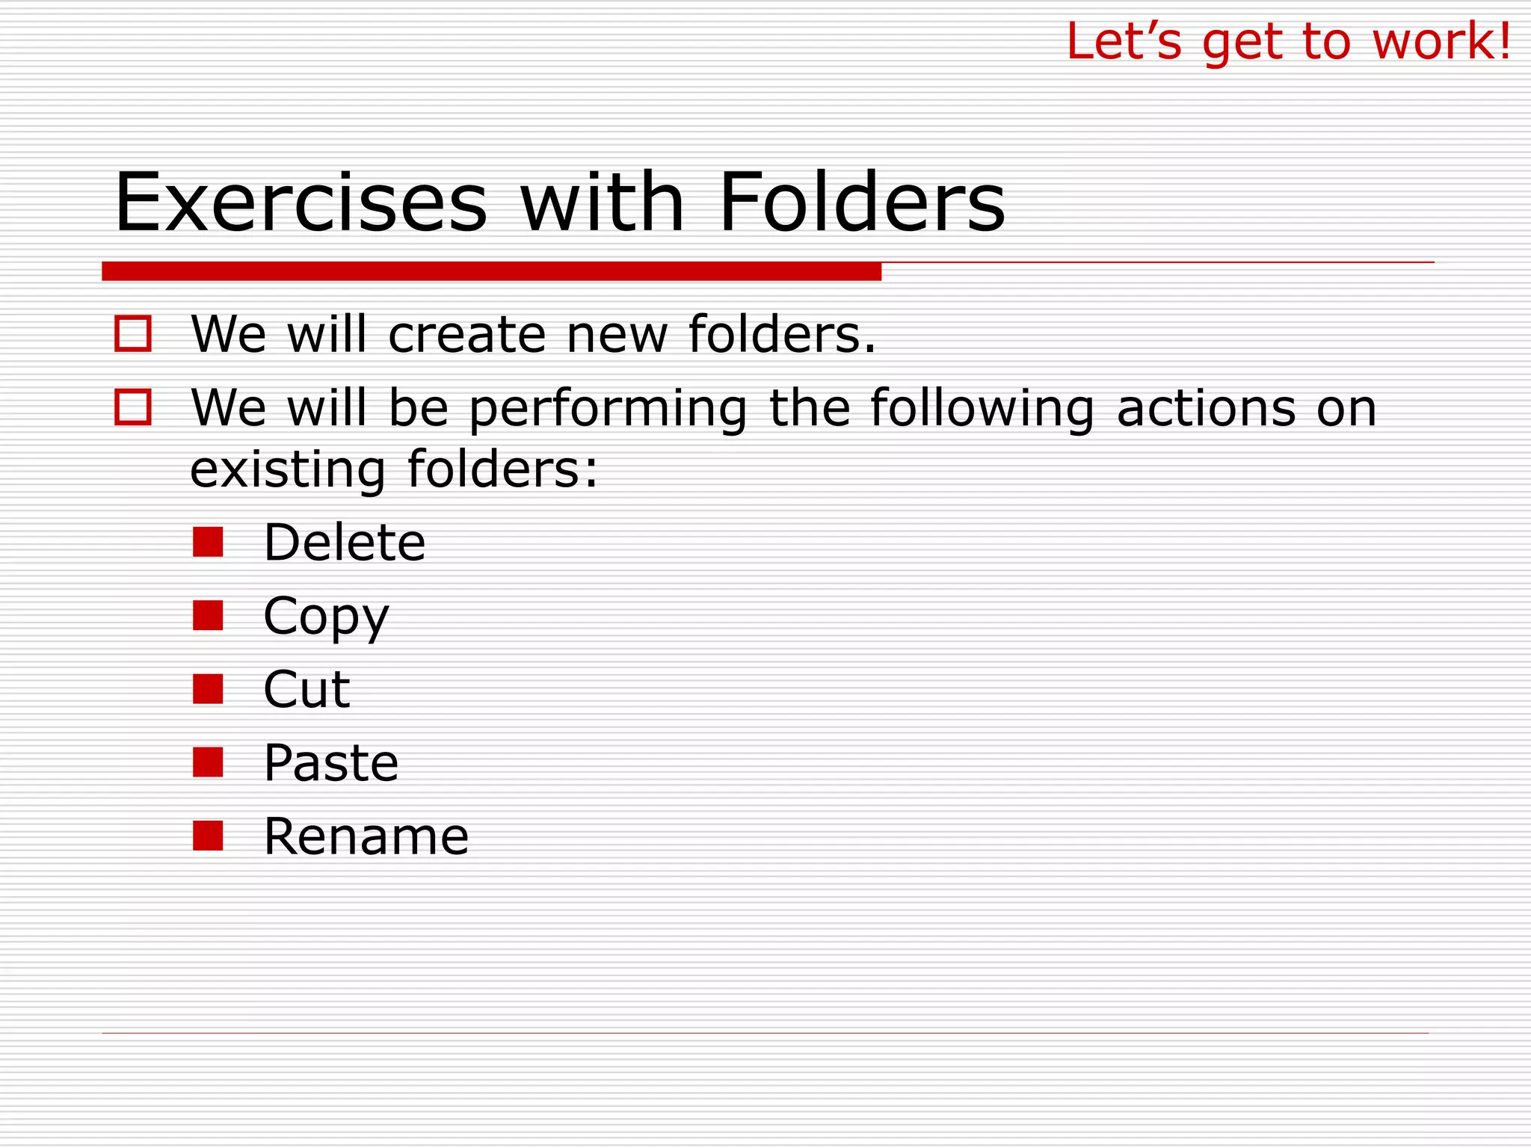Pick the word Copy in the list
pyautogui.click(x=326, y=617)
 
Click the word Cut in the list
pyautogui.click(x=306, y=689)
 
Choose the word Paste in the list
pyautogui.click(x=331, y=763)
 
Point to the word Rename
pyautogui.click(x=366, y=836)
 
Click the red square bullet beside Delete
pyautogui.click(x=208, y=542)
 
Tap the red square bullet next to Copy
pyautogui.click(x=208, y=616)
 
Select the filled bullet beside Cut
pyautogui.click(x=208, y=689)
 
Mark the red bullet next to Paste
pyautogui.click(x=208, y=762)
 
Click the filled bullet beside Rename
pyautogui.click(x=208, y=836)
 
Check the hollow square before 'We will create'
pyautogui.click(x=133, y=333)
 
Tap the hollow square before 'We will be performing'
pyautogui.click(x=133, y=407)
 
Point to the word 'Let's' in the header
pyautogui.click(x=1124, y=41)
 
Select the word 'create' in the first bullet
pyautogui.click(x=467, y=334)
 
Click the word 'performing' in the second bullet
pyautogui.click(x=608, y=410)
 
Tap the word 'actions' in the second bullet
pyautogui.click(x=1206, y=409)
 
